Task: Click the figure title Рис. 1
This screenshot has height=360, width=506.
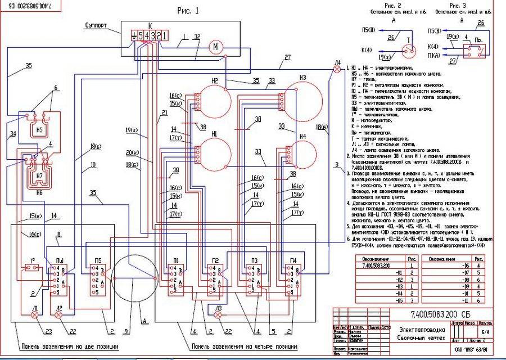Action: tap(188, 10)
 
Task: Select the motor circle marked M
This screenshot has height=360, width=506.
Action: tap(214, 47)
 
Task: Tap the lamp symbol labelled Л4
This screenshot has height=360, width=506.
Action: tap(337, 69)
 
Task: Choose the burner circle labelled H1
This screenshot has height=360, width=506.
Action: tap(214, 153)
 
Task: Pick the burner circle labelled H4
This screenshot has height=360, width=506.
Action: tap(303, 152)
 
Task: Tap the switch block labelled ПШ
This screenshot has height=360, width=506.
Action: tap(58, 277)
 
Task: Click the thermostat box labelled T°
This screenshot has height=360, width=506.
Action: tap(31, 267)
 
